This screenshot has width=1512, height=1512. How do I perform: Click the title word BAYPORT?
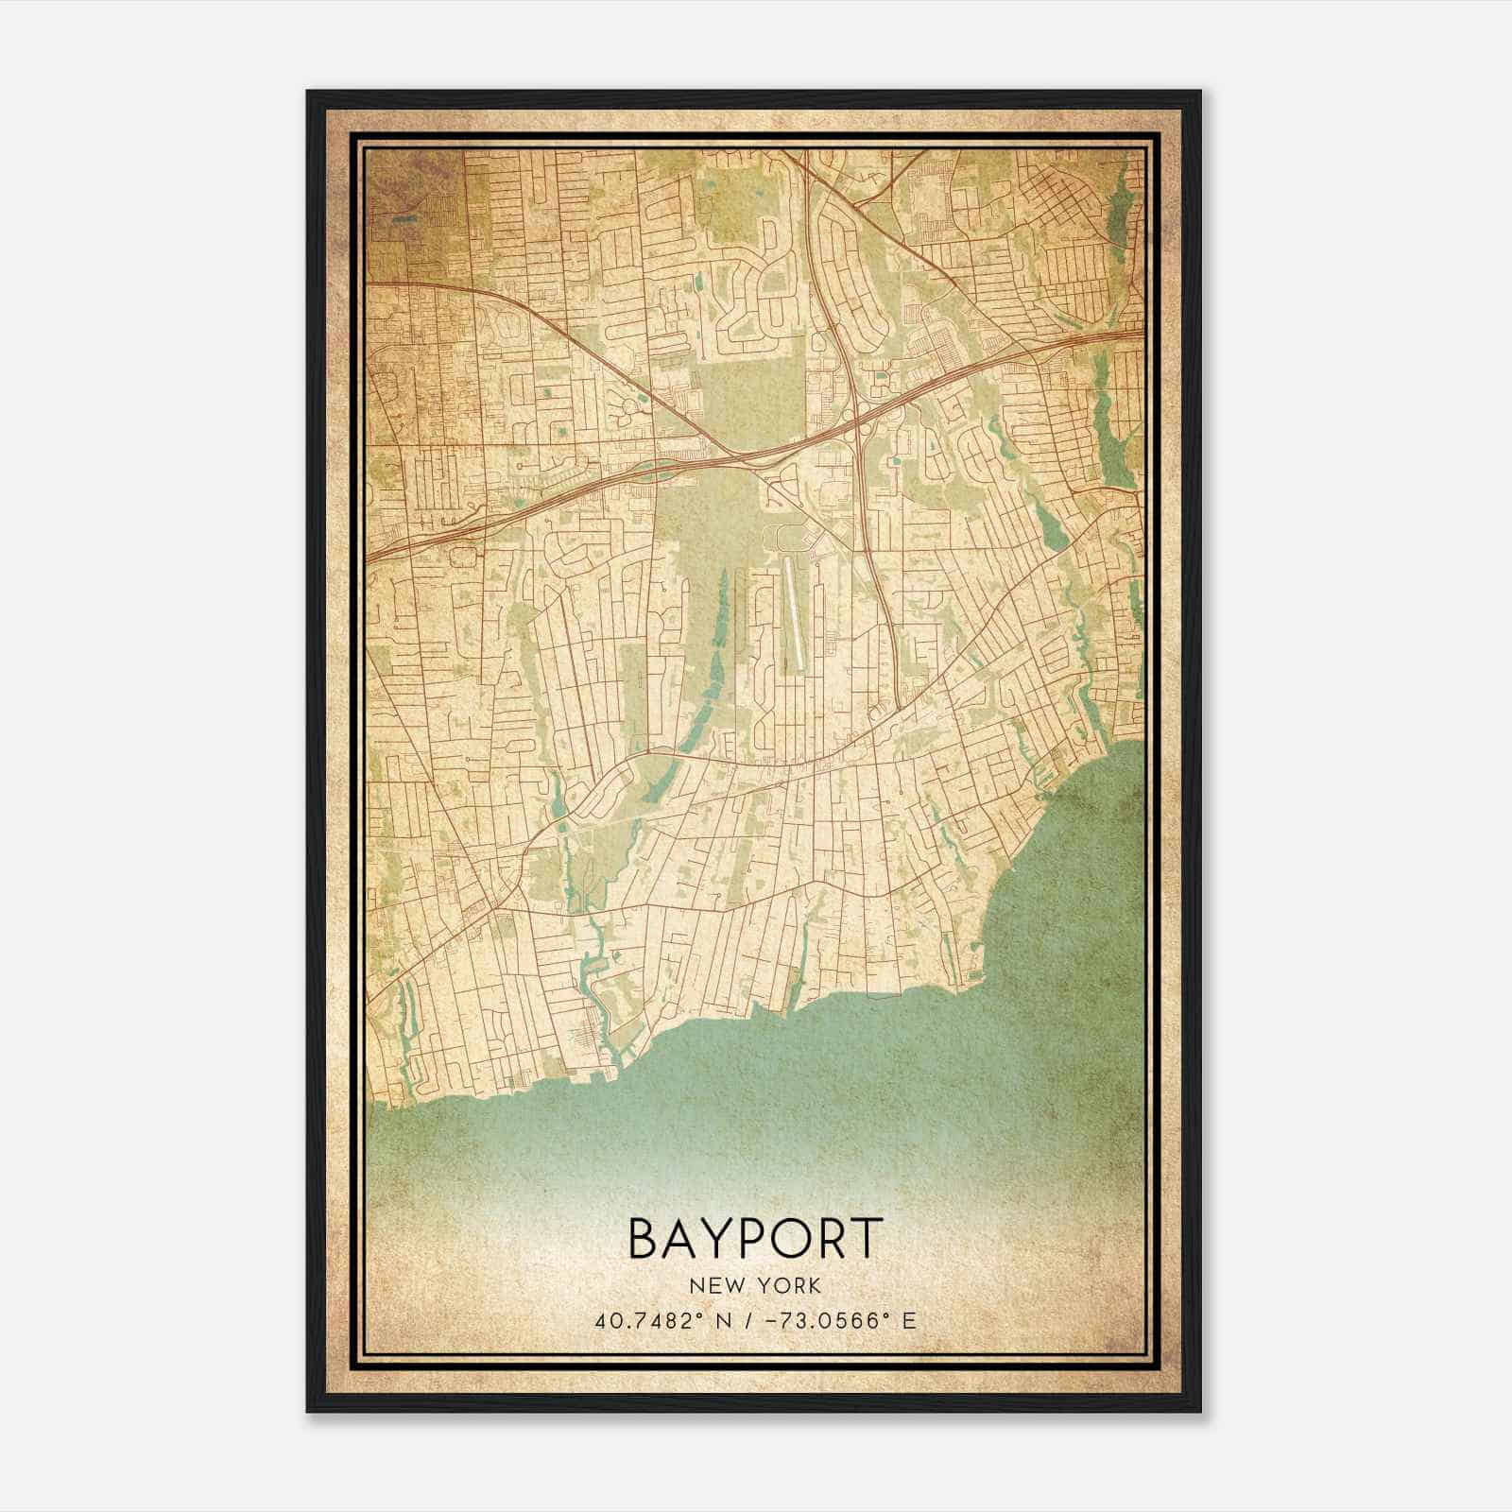[x=755, y=1239]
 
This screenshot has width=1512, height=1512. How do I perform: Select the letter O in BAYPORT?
[x=798, y=1239]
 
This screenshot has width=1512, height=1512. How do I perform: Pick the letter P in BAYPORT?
[x=760, y=1239]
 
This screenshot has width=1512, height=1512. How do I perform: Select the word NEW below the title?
[x=716, y=1286]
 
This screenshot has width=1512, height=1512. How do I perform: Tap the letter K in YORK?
[x=815, y=1286]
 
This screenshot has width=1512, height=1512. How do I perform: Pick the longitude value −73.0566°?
[x=821, y=1321]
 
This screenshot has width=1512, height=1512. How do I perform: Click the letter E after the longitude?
[x=909, y=1321]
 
